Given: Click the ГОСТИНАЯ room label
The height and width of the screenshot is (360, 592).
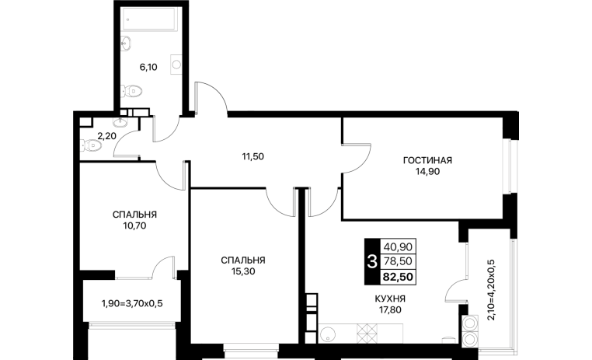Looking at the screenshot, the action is [x=427, y=160].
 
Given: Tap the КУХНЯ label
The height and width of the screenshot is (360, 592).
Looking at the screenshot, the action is [x=390, y=299].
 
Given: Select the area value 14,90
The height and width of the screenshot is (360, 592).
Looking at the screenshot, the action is [x=428, y=172].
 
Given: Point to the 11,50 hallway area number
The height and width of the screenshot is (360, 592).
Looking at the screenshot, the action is [x=253, y=156].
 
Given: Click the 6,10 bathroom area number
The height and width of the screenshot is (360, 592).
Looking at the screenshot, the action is [x=148, y=67].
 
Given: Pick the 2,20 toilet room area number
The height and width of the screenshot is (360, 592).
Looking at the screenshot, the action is [x=107, y=136].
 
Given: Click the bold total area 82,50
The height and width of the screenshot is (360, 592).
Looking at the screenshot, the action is [x=398, y=277].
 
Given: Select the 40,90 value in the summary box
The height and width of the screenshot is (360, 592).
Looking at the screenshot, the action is [x=398, y=247].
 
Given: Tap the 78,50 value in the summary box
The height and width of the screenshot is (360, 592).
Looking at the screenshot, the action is [x=398, y=261].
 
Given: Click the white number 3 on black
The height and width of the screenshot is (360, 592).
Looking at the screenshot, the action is [x=372, y=261].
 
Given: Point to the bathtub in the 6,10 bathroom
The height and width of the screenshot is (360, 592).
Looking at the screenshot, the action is [x=151, y=19].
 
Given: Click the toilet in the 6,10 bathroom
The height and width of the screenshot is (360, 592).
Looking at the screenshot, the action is [x=132, y=91].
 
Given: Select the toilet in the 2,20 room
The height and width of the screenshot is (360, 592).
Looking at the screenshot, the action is [x=91, y=145].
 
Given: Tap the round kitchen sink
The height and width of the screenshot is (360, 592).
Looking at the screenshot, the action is [x=327, y=334].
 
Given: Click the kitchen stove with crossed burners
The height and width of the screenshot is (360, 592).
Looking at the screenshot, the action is [x=367, y=334].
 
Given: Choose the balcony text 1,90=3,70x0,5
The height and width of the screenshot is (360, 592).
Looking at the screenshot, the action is [x=132, y=303].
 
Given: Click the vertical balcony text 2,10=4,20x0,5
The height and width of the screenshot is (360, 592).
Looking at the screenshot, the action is [x=491, y=290].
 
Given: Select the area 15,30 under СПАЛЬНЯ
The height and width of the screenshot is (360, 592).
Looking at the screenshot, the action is [x=243, y=271].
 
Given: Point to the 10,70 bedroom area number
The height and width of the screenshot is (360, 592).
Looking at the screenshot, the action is [x=134, y=226].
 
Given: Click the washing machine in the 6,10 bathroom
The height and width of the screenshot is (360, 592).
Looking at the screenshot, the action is [x=176, y=65].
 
